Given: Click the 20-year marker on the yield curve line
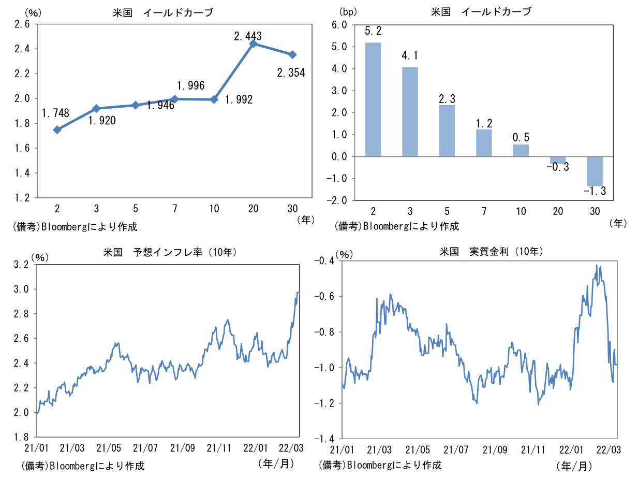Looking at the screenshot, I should click(253, 44).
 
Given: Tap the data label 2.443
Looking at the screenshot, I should click(248, 36).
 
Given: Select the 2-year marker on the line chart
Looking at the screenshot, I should click(57, 129).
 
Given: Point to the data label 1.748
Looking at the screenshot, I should click(55, 113).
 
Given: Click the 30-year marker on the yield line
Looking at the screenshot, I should click(292, 54).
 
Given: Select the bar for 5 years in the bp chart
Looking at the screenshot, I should click(447, 131).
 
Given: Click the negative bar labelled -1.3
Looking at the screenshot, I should click(595, 171).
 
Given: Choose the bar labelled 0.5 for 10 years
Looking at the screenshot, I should click(521, 150).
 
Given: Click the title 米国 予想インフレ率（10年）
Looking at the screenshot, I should click(170, 252).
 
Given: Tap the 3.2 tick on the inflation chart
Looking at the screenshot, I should click(23, 265).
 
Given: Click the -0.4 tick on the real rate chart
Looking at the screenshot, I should click(325, 260).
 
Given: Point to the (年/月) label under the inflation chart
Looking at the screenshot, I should click(276, 462).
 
